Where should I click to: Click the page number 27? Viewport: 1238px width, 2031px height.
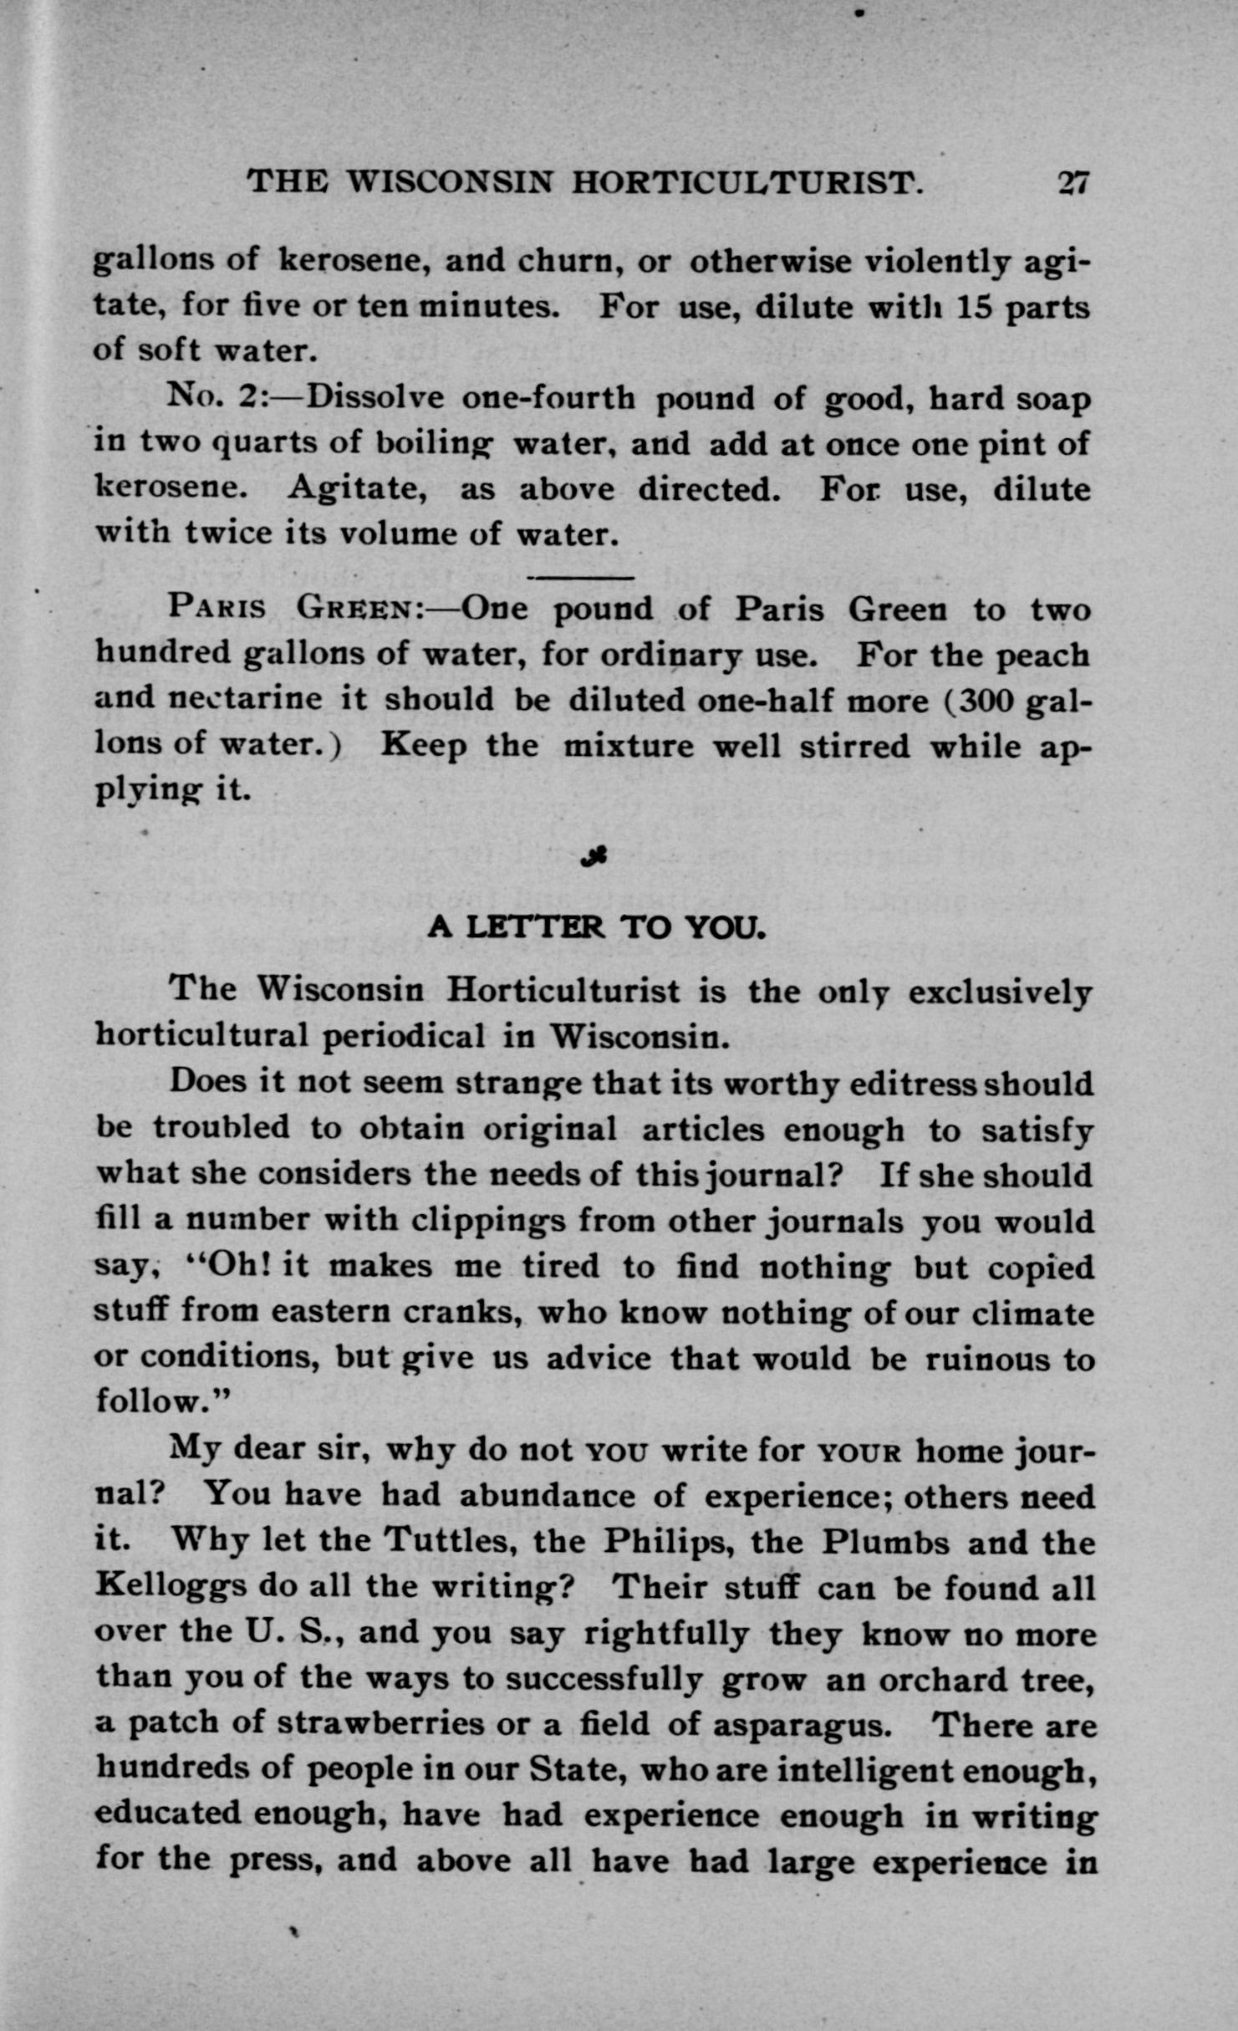1071,182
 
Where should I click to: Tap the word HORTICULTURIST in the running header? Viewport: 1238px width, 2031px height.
747,182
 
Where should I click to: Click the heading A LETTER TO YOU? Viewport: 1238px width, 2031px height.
595,926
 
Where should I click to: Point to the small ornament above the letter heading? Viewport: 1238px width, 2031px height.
596,855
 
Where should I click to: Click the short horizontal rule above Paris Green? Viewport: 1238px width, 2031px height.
581,577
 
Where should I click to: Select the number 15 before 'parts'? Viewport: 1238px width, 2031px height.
973,307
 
